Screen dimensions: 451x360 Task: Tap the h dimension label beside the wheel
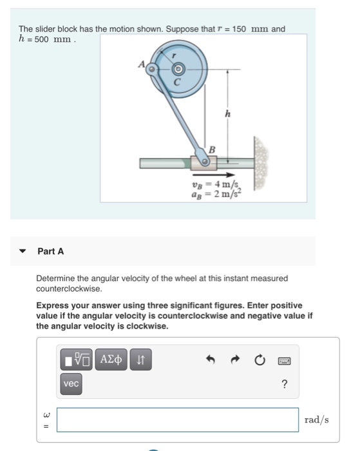coord(227,115)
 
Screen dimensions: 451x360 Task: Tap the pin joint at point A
coord(152,68)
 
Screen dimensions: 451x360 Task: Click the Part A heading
coord(51,251)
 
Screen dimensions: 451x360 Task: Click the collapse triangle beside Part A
coord(23,251)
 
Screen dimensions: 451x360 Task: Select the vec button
coord(71,383)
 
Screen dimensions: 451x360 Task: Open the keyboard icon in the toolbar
coord(284,361)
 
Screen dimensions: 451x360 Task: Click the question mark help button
coord(284,385)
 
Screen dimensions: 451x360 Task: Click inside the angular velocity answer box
coord(178,419)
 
